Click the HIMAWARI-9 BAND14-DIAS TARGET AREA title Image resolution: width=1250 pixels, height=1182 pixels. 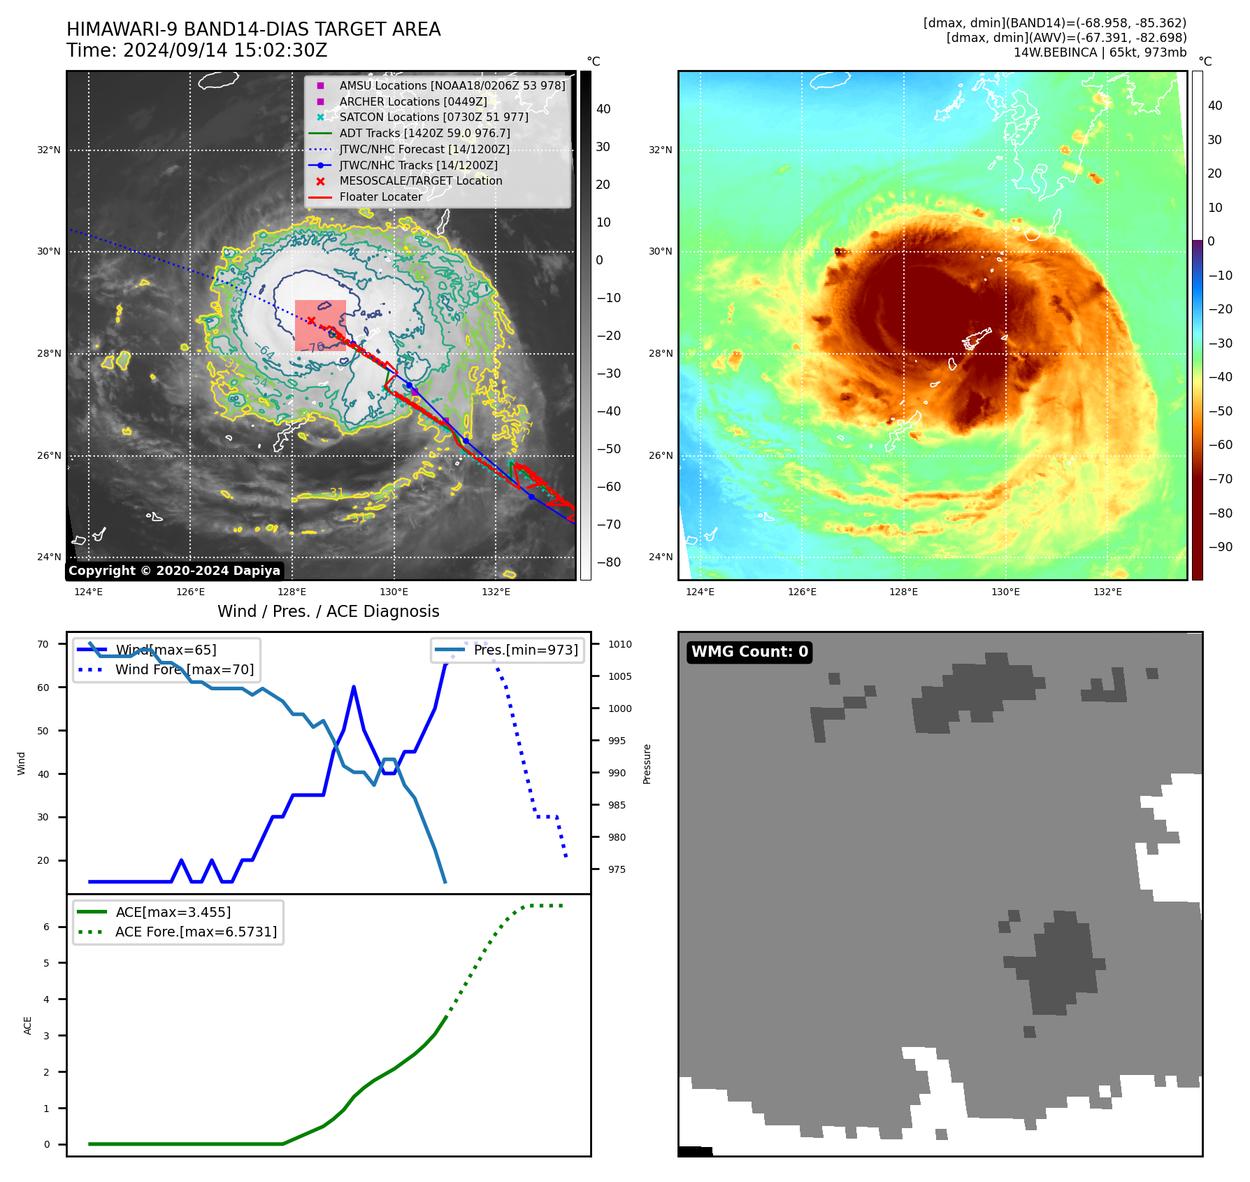click(253, 29)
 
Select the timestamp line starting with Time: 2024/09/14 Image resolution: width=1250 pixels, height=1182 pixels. click(196, 50)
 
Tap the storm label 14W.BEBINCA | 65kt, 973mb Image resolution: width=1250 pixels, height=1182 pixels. click(1100, 52)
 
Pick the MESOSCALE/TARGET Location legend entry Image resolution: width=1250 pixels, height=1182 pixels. click(420, 180)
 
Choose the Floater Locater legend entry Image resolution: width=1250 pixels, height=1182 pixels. click(380, 197)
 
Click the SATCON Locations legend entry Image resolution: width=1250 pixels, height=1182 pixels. click(433, 117)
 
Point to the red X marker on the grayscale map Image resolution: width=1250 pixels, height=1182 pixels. click(311, 321)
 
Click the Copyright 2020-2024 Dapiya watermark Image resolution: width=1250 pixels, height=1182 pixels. click(174, 571)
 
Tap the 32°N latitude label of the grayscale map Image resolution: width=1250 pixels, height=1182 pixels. click(49, 150)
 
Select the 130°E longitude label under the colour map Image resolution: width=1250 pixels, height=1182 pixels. click(1005, 592)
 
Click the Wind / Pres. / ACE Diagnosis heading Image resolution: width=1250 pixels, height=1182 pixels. click(328, 611)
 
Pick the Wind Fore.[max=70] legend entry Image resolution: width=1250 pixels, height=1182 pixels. click(184, 669)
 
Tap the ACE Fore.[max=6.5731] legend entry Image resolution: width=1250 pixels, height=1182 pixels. click(196, 932)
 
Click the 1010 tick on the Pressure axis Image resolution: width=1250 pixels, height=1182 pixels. click(619, 644)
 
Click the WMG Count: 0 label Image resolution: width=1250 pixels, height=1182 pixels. click(749, 652)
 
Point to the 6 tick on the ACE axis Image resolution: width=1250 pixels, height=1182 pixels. click(46, 927)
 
